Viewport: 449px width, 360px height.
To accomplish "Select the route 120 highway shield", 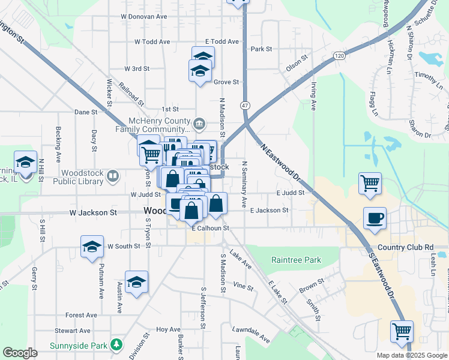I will click(340, 55).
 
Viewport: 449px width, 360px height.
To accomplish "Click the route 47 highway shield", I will click(245, 105).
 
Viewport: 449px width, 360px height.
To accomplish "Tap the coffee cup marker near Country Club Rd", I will click(375, 218).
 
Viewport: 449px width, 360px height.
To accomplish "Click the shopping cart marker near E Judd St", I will click(370, 183).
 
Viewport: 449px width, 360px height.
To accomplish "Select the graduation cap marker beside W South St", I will click(92, 246).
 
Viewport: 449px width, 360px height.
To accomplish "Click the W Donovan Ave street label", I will click(143, 17).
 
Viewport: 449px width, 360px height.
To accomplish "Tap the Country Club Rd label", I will click(406, 247).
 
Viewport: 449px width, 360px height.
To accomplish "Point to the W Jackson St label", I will click(92, 212).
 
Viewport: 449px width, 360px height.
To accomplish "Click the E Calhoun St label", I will click(211, 228).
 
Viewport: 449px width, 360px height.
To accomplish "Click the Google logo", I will click(20, 353).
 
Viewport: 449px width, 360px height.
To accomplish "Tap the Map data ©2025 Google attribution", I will click(412, 355).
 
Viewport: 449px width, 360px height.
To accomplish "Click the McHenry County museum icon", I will click(200, 124).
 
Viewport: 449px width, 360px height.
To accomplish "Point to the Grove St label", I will click(227, 82).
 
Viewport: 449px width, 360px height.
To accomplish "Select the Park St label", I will click(262, 49).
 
